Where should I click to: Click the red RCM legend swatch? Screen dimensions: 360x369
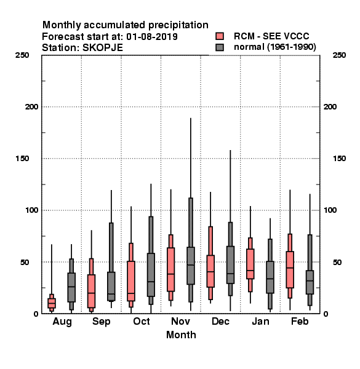point(220,36)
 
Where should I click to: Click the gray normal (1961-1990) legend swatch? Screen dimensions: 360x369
point(220,47)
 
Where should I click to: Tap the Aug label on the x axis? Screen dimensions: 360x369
point(62,322)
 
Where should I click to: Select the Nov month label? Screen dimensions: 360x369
point(180,321)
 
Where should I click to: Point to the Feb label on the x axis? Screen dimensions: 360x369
point(300,321)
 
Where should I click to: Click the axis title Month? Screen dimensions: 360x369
point(181,335)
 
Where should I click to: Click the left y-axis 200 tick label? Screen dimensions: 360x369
point(31,107)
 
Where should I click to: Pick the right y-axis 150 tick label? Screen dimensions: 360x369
point(339,159)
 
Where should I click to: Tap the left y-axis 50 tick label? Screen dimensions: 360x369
point(25,262)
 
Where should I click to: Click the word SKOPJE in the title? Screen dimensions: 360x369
point(103,48)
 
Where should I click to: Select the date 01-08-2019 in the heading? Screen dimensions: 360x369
point(152,37)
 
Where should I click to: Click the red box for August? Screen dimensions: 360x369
point(52,303)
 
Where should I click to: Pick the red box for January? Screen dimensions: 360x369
point(250,264)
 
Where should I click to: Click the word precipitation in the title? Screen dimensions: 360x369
point(178,25)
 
